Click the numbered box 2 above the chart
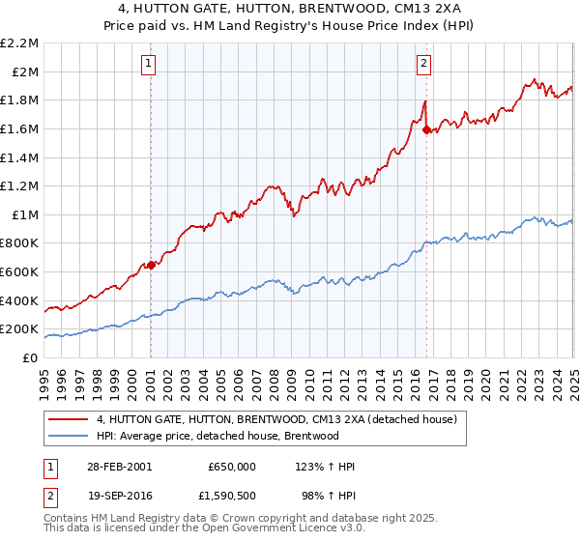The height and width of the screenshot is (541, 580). [424, 65]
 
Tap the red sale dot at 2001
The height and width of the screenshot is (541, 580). [151, 265]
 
